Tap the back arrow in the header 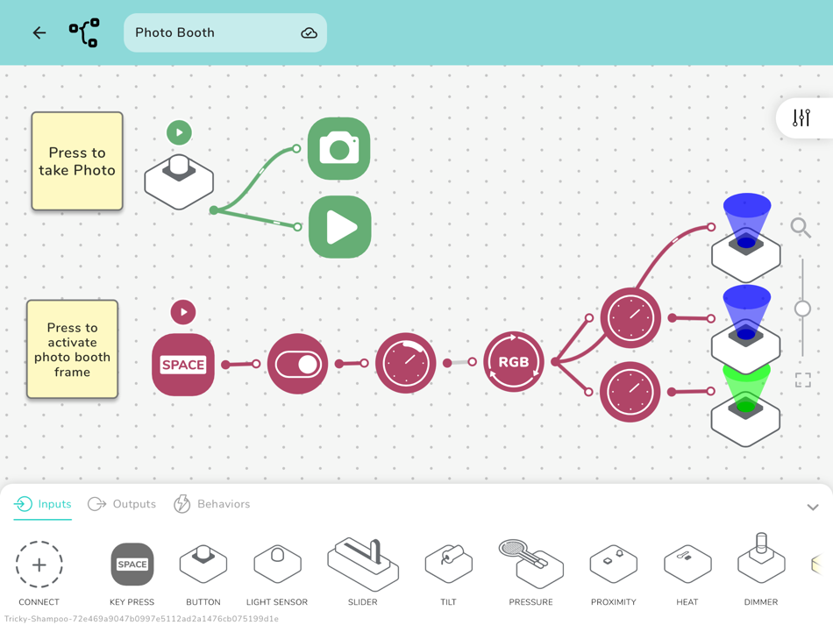coord(39,33)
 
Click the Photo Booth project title coord(175,33)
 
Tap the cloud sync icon coord(309,33)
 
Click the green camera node coord(339,149)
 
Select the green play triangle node coord(339,227)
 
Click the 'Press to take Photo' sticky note coord(77,161)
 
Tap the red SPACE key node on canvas coord(183,365)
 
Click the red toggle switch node coord(297,363)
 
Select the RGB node coord(514,361)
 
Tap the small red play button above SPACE coord(183,312)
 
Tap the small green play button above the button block coord(179,132)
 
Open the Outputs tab coord(122,504)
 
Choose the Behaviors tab coord(212,504)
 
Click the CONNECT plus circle coord(39,565)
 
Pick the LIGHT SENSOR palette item coord(277,565)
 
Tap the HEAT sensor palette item coord(687,565)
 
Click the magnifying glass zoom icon coord(801,228)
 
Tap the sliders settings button coord(801,117)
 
